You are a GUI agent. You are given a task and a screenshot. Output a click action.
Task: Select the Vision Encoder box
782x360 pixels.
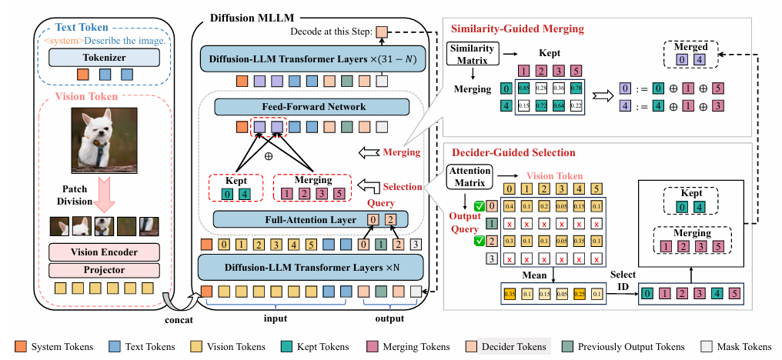(103, 252)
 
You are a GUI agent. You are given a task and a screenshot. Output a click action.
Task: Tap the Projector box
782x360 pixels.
(103, 270)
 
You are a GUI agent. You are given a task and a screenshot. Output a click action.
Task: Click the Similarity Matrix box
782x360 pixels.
(471, 53)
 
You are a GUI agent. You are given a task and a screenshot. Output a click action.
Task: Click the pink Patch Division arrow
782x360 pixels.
(103, 197)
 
